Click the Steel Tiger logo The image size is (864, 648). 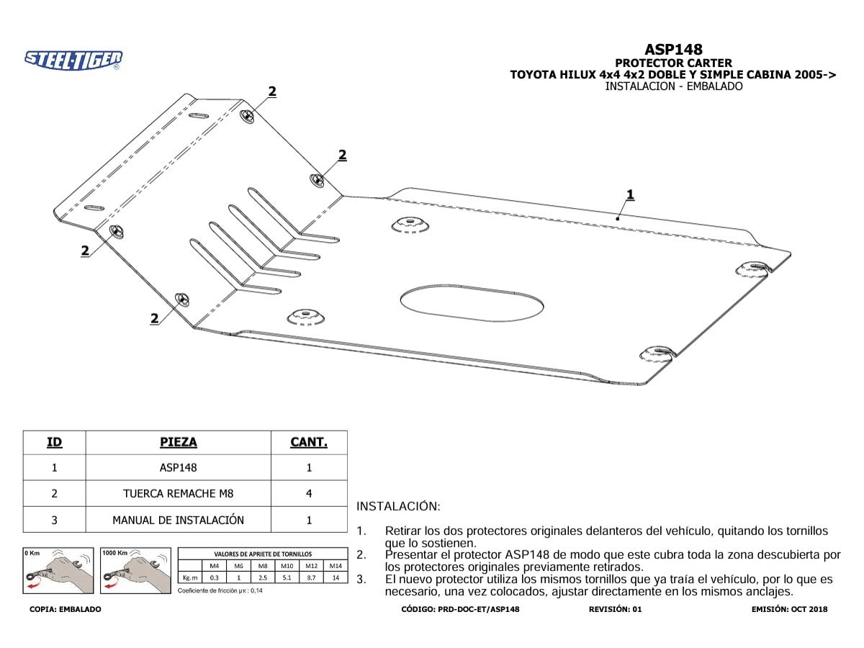73,60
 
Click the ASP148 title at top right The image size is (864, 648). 673,50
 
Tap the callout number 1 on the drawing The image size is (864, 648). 630,194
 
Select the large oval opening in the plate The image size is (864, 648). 472,303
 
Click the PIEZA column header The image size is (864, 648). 179,442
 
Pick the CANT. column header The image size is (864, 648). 309,442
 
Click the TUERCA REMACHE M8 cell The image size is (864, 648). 179,493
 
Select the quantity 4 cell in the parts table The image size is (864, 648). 309,493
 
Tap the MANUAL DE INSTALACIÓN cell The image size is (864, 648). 179,520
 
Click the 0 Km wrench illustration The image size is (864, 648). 58,570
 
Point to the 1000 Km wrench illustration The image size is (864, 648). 136,570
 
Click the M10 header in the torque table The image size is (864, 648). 287,566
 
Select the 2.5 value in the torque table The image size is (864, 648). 263,577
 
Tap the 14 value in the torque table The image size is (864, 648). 336,577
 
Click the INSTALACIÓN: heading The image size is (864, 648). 398,506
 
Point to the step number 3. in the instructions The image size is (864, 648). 361,580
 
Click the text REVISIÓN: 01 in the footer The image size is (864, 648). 615,609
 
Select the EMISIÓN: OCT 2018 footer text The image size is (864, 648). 789,609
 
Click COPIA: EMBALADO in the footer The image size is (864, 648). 66,609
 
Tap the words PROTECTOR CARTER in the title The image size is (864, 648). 673,63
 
